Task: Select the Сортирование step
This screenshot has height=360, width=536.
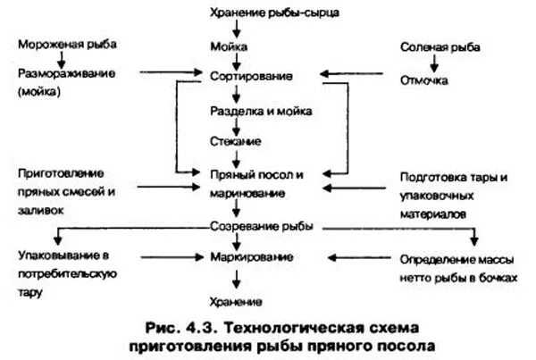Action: (252, 77)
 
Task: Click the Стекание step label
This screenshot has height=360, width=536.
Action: (236, 141)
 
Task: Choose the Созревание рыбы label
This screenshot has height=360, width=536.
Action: (262, 227)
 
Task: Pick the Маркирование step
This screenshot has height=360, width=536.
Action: (252, 257)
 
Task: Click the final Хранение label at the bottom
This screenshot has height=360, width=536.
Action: (236, 302)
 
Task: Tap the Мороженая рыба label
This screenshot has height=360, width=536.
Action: (67, 45)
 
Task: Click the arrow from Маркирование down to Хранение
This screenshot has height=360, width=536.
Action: (236, 279)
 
